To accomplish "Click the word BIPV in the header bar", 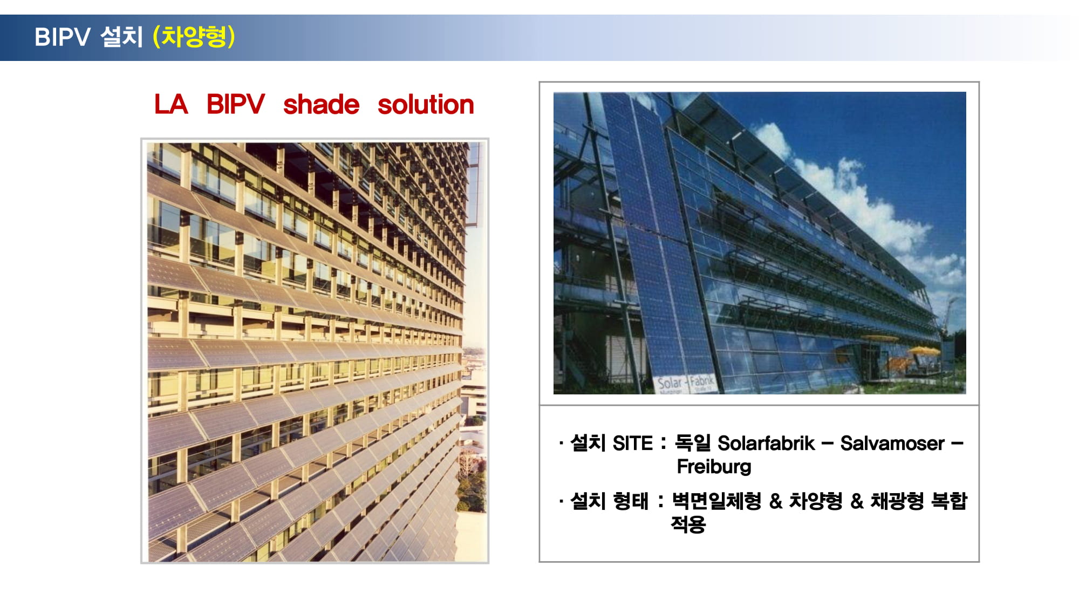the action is click(x=62, y=37).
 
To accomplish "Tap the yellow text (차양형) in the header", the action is click(x=194, y=37).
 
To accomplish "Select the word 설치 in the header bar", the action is click(x=121, y=37).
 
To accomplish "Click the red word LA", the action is click(x=171, y=104).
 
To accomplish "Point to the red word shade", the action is click(x=321, y=104).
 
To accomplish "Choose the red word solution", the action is click(x=426, y=104).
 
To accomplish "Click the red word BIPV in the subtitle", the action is click(x=236, y=104).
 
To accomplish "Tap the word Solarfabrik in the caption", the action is click(x=766, y=443).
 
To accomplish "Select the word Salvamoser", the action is click(x=892, y=443).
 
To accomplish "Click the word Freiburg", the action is click(x=714, y=467).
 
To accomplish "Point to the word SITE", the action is click(x=633, y=443).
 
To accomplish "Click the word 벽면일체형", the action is click(x=716, y=501).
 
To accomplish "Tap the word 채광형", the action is click(x=897, y=501).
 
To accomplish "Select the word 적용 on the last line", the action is click(x=688, y=524).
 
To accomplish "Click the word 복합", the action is click(x=949, y=501).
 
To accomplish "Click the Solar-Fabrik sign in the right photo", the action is click(x=685, y=383).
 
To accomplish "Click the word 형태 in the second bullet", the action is click(x=631, y=501).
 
